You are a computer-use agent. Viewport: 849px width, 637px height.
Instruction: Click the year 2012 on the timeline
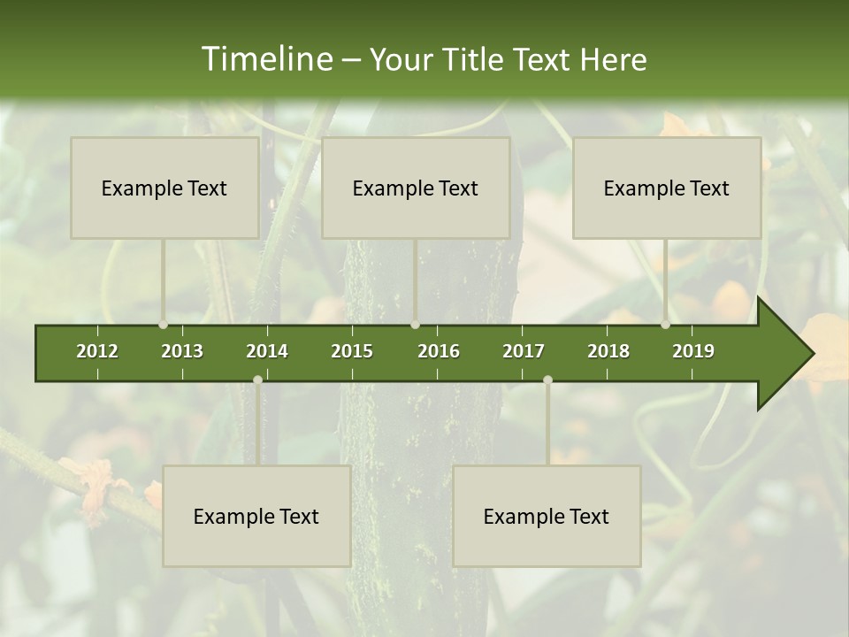97,351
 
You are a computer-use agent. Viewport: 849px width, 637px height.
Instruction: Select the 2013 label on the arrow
182,351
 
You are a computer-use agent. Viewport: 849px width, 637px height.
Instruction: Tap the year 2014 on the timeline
267,351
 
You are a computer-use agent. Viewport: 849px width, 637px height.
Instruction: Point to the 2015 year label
352,351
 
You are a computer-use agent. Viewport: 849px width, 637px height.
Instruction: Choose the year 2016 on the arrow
439,351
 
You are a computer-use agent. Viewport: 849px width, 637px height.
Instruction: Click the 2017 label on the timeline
524,351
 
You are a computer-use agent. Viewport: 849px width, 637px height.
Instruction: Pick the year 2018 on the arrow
608,351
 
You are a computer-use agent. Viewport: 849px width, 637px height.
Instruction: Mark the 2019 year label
693,351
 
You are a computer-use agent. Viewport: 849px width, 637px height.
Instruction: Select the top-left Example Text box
164,188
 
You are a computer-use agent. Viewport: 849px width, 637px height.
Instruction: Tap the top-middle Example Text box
416,188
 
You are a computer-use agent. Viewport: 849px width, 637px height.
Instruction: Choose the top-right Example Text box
667,188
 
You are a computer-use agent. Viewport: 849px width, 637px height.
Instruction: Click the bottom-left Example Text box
256,516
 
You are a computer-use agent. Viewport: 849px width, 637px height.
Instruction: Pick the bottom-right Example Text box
547,516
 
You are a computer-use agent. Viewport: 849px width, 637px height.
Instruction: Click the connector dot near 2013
163,325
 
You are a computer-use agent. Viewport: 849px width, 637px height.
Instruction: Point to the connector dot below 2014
257,380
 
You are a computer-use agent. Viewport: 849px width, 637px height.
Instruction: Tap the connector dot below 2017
547,380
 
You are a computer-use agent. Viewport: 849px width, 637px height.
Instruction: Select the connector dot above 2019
665,325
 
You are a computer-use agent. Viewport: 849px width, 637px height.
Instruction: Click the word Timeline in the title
266,58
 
